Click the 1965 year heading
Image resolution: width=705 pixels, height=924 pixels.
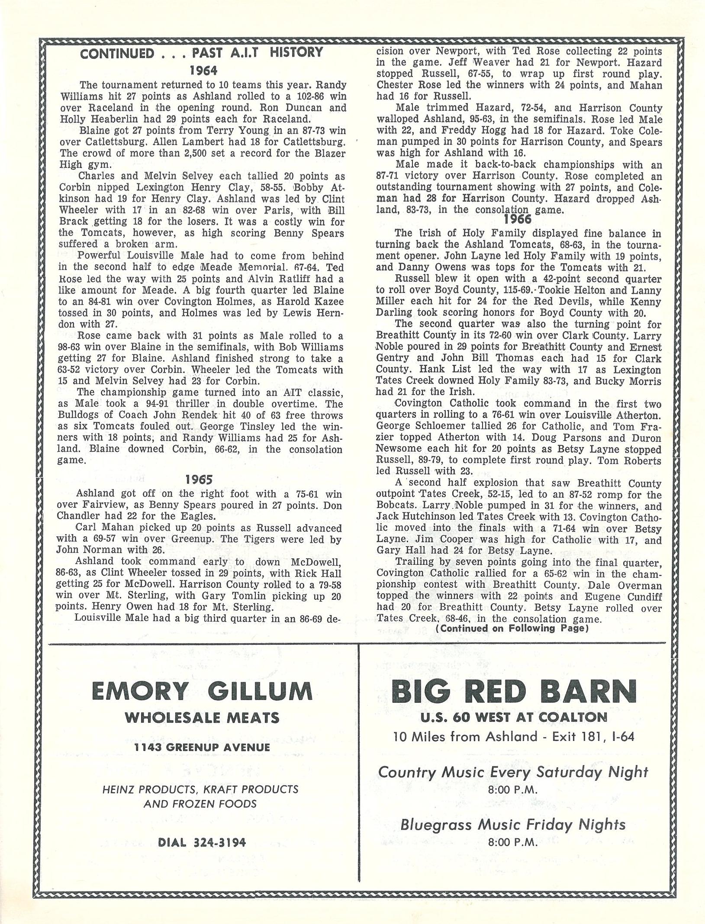(x=199, y=480)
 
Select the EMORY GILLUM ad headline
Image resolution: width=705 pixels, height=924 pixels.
(x=202, y=692)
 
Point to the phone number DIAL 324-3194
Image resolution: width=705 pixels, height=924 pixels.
(x=202, y=842)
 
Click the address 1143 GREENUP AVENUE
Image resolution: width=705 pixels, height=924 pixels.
(x=202, y=747)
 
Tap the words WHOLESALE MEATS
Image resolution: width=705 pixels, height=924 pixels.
(x=202, y=718)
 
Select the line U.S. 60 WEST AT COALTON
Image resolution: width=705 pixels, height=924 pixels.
(x=514, y=717)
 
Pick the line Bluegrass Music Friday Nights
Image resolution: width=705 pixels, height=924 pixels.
(x=513, y=824)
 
